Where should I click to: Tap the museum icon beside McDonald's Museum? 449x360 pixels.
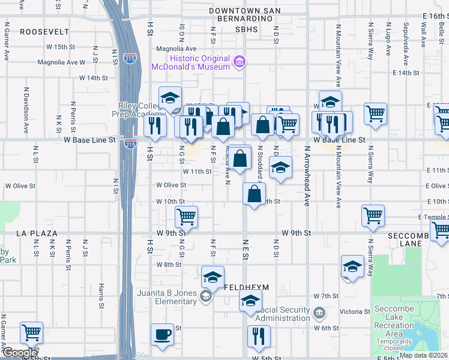[240, 61]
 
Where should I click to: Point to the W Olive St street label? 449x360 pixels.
[172, 185]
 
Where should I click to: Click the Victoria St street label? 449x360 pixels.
[355, 312]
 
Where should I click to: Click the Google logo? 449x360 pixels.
[19, 353]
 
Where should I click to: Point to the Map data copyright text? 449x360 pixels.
[423, 355]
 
